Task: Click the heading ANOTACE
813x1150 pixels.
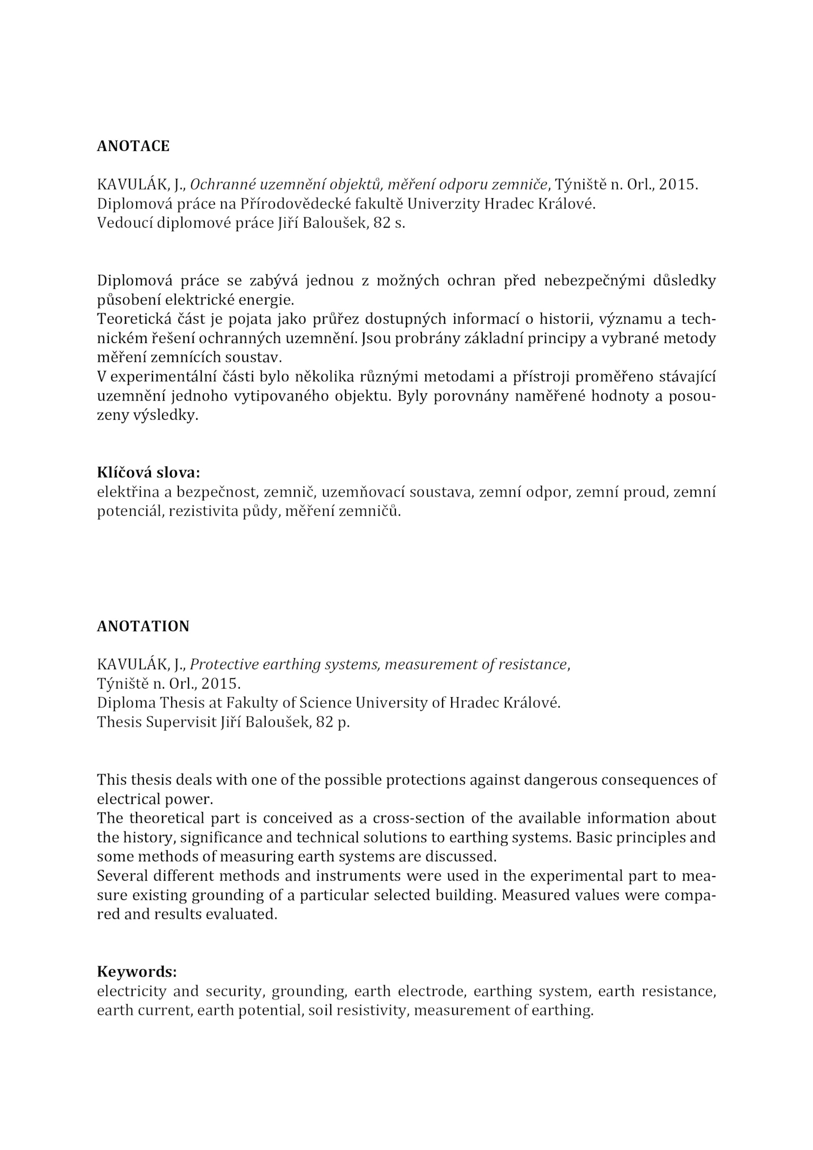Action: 133,146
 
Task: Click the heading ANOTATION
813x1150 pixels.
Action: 143,627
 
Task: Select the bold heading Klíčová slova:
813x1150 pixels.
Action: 148,473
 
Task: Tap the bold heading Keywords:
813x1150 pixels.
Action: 137,972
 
